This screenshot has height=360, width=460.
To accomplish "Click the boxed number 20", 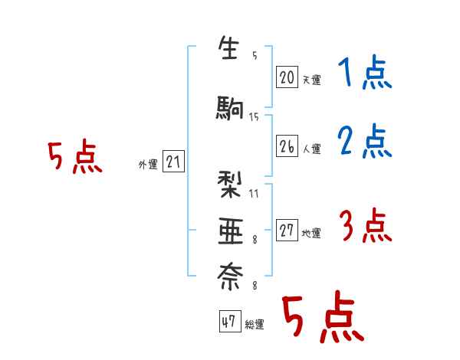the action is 287,77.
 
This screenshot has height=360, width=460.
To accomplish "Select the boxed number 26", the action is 287,147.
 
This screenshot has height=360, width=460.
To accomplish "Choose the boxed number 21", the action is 173,162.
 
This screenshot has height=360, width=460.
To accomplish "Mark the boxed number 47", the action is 228,322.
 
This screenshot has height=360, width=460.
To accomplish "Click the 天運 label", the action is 311,80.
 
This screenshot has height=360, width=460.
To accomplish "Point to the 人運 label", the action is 311,149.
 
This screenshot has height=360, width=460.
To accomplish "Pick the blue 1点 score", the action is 364,75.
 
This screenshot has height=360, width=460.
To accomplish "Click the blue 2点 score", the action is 364,142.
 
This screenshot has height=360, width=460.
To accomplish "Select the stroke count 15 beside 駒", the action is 254,116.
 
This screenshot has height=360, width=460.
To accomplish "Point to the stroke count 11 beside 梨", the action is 254,193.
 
